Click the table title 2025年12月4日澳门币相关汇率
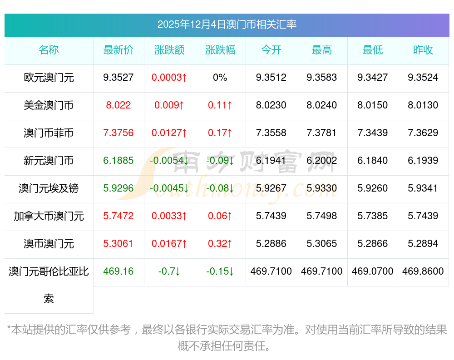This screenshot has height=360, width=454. pyautogui.click(x=227, y=25)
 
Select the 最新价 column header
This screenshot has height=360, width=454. pyautogui.click(x=118, y=50)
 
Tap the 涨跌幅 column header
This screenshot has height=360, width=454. pyautogui.click(x=220, y=50)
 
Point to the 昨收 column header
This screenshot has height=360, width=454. pyautogui.click(x=423, y=50)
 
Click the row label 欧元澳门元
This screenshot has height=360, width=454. pyautogui.click(x=49, y=78)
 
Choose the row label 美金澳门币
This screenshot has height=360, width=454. pyautogui.click(x=49, y=105)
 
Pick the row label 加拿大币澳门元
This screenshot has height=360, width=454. pyautogui.click(x=49, y=216)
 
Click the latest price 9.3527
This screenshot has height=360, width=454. pyautogui.click(x=118, y=78)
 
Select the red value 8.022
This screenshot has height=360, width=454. pyautogui.click(x=118, y=105)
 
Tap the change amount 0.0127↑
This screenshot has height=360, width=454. pyautogui.click(x=169, y=133)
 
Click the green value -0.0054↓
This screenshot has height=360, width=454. pyautogui.click(x=169, y=161)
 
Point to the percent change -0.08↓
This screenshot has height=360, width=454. pyautogui.click(x=220, y=188)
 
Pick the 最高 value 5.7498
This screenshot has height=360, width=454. pyautogui.click(x=322, y=216)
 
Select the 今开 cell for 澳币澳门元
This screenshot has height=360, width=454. pyautogui.click(x=271, y=244)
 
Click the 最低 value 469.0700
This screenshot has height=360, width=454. pyautogui.click(x=373, y=271)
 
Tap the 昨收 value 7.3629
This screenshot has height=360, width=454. pyautogui.click(x=423, y=133)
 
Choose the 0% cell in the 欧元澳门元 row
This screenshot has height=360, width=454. pyautogui.click(x=220, y=78)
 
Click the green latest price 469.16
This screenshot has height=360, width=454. pyautogui.click(x=118, y=271)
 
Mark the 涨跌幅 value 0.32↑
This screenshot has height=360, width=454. pyautogui.click(x=220, y=244)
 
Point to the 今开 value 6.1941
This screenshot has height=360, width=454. pyautogui.click(x=271, y=161)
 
